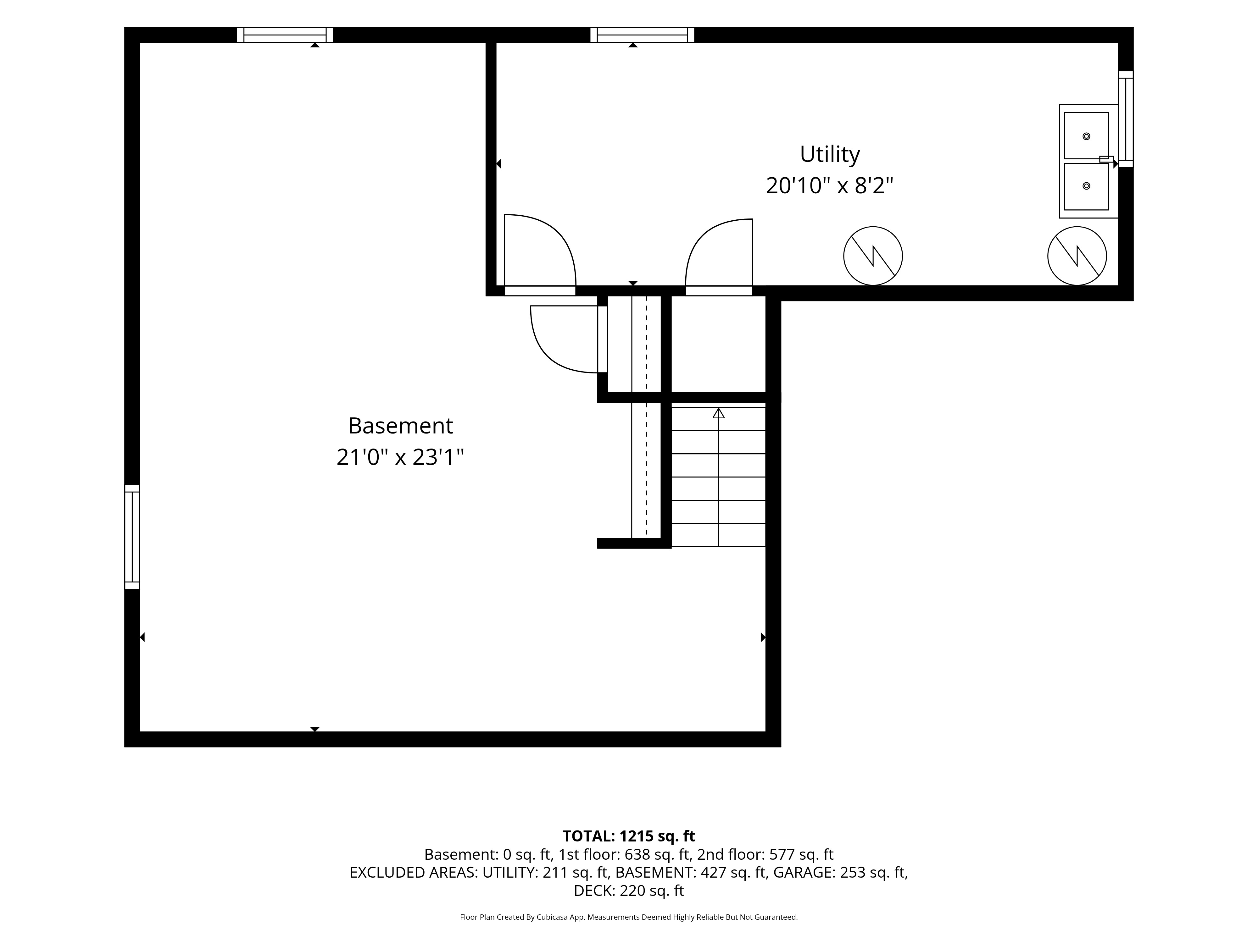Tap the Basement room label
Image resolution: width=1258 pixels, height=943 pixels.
pos(400,426)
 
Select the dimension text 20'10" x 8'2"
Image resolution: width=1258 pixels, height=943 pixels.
pos(829,186)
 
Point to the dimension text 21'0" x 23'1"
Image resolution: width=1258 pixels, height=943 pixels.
pos(400,457)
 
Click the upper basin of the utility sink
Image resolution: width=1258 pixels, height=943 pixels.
pos(1086,136)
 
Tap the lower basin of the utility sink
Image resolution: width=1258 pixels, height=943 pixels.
pos(1086,186)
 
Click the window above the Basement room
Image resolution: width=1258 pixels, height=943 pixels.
pos(285,35)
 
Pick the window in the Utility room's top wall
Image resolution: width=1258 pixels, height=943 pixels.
pos(642,35)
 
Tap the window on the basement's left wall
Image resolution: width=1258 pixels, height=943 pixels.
pos(132,537)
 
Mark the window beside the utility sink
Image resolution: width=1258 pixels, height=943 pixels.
pos(1126,119)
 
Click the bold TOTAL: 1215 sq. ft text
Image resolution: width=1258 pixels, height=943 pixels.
pos(628,836)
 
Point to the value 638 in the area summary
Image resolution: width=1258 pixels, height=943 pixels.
pos(637,854)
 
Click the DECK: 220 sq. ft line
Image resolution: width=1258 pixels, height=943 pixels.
pos(628,891)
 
